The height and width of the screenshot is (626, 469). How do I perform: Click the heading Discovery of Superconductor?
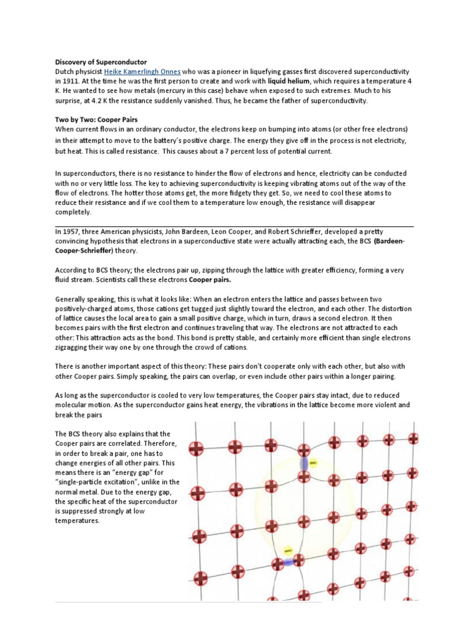[101, 62]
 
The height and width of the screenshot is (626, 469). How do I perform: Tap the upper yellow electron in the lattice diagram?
[313, 464]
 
